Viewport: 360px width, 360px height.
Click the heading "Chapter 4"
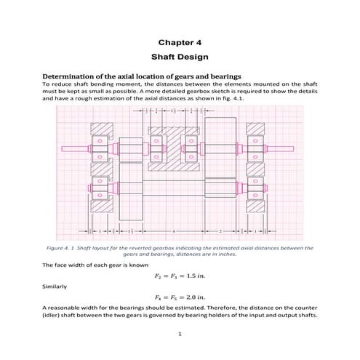click(179, 42)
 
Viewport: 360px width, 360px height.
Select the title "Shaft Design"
click(179, 56)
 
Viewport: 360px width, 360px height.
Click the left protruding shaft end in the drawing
click(73, 150)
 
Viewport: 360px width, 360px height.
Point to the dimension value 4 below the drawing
click(173, 231)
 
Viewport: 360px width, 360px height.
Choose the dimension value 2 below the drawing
click(220, 231)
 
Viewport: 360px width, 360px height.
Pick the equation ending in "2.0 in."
click(179, 297)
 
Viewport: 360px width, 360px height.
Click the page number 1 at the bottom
click(179, 335)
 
